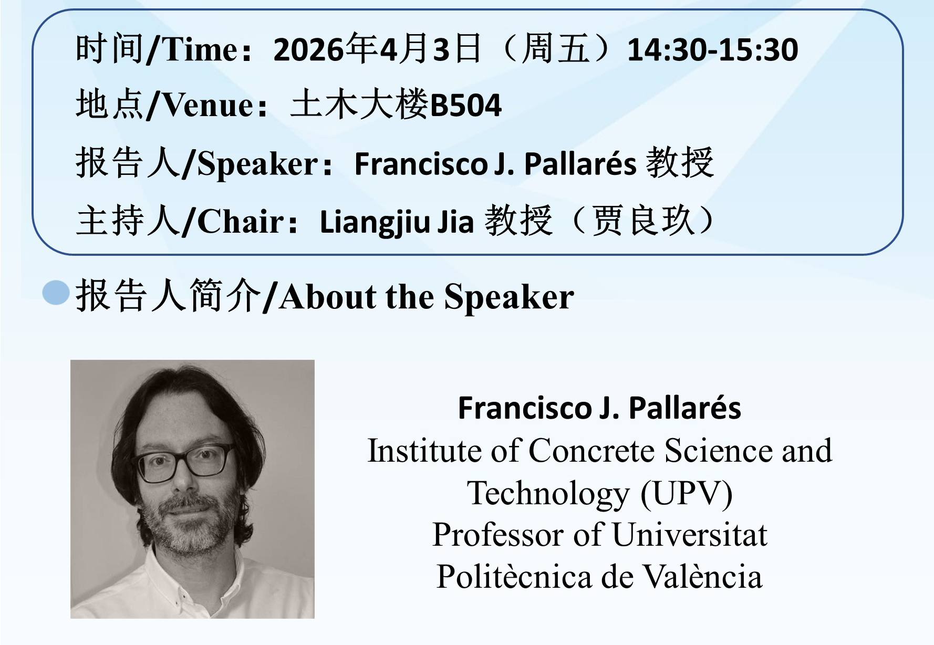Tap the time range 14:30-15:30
coord(713,50)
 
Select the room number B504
coord(466,106)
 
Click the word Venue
coord(208,106)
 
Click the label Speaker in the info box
coord(257,163)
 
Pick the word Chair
coord(240,221)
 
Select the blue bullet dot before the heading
coord(56,293)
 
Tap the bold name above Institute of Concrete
coord(599,408)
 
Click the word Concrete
coord(591,451)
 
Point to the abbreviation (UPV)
coord(686,493)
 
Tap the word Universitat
coord(689,535)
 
